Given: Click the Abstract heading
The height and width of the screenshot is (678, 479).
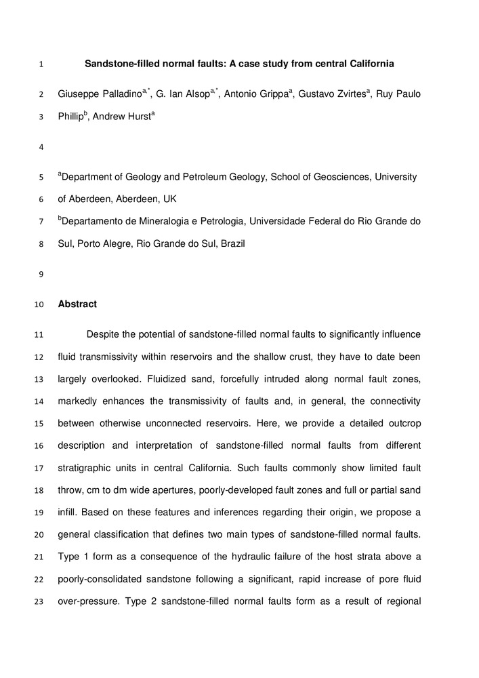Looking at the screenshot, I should [77, 304].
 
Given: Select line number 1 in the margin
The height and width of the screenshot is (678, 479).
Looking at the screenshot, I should [41, 65].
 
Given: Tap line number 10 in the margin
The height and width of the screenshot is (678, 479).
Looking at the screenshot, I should [39, 305].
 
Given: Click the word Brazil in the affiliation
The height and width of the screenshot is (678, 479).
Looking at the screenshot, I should [230, 243].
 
